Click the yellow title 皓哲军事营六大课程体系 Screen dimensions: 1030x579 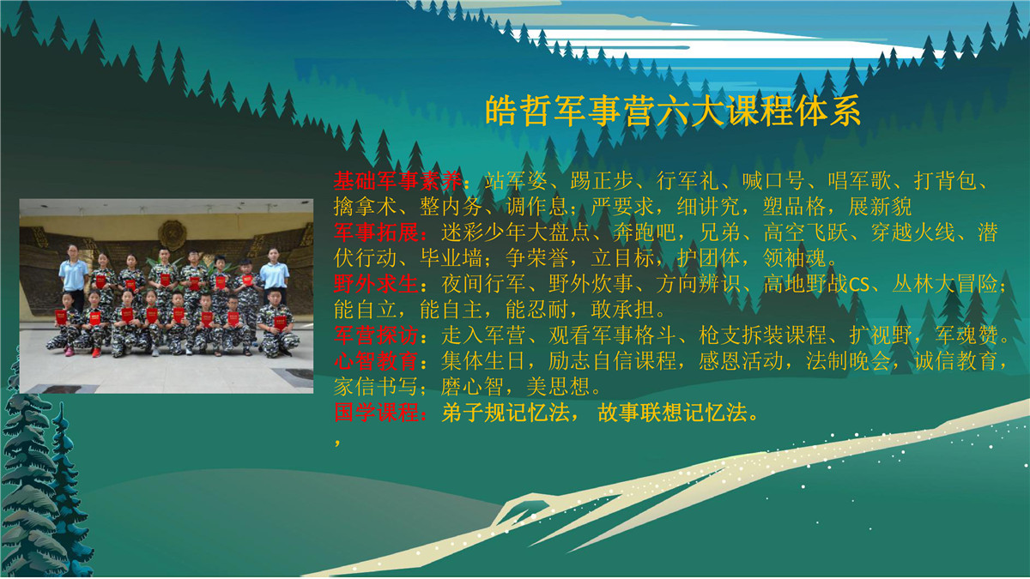(673, 111)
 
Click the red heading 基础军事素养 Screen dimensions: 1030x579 (397, 181)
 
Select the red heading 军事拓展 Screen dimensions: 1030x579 (376, 232)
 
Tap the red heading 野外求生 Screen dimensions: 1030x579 (376, 284)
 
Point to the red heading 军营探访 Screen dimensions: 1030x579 (376, 335)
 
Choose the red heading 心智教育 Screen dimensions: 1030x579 (376, 361)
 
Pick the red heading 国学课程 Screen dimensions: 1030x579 (376, 413)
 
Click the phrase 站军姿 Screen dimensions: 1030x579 (516, 181)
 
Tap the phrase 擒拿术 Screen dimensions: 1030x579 (365, 207)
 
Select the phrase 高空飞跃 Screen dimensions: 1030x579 (806, 232)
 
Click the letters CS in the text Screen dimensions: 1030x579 (859, 285)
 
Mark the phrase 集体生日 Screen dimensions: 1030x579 (483, 361)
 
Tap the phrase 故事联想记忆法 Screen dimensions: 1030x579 (672, 413)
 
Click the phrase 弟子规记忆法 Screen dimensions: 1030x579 (506, 413)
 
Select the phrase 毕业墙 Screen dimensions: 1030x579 (451, 258)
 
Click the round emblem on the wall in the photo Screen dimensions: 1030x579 (172, 235)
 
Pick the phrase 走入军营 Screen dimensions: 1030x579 (483, 335)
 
